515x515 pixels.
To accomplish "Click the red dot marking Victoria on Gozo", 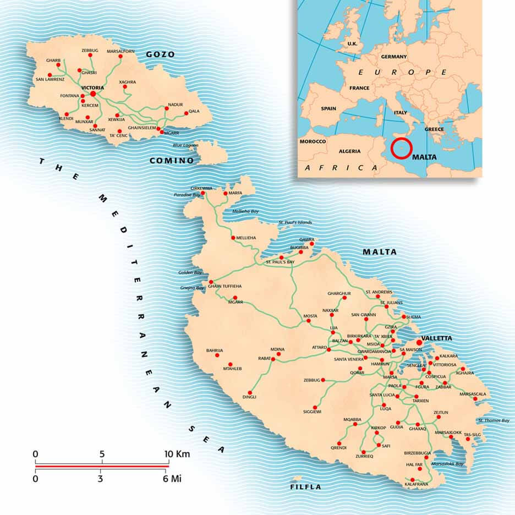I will (93, 94).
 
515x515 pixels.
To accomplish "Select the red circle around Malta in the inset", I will (401, 149).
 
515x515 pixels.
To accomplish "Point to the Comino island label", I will (172, 161).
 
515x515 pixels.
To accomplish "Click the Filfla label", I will (305, 487).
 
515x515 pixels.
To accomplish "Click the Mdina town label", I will (277, 349).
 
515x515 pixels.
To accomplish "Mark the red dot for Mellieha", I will (233, 238).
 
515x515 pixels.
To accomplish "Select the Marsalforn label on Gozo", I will (120, 51).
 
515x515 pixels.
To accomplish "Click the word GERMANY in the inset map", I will (393, 57).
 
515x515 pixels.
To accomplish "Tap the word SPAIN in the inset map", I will (328, 109).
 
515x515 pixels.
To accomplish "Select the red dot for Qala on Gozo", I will (187, 113).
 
